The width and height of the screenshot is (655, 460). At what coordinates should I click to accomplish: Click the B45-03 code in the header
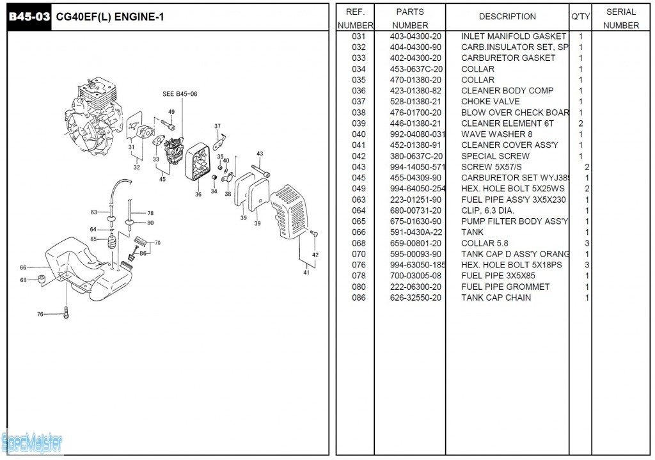coord(29,17)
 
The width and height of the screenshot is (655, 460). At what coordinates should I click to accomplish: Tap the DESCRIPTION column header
coord(507,17)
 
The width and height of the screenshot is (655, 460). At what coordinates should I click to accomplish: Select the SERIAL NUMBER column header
coord(620,19)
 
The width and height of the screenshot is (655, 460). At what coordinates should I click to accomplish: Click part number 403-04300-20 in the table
coord(415,36)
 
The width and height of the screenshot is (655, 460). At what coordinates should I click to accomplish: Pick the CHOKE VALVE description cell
coord(490,102)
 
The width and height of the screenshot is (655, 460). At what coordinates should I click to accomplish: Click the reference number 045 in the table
coord(359,178)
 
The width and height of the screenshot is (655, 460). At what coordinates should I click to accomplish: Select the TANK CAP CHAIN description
coord(496,297)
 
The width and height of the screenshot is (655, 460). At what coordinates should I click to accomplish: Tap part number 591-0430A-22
coord(415,232)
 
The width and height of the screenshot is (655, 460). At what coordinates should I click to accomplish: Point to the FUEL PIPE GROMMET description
coord(505,287)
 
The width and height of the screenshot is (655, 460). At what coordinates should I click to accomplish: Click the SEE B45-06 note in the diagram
coord(180,94)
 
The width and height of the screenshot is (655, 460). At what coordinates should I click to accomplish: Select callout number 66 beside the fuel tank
coord(23,267)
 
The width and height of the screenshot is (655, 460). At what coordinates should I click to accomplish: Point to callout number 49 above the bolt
coord(171,112)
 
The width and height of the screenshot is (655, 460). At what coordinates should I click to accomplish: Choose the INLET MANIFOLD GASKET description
coord(513,36)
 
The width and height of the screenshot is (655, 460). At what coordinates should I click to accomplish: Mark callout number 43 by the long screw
coord(260,154)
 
